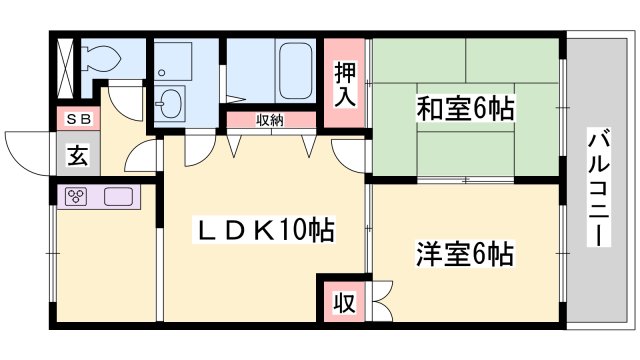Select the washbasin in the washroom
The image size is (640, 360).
click(x=169, y=102)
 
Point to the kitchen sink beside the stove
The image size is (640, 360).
click(x=117, y=197)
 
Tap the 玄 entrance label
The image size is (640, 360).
click(x=77, y=156)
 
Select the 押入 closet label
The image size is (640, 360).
click(x=343, y=86)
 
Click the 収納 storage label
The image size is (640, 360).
click(x=269, y=120)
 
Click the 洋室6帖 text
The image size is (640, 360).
click(x=464, y=254)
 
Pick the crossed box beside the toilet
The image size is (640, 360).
click(x=66, y=65)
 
